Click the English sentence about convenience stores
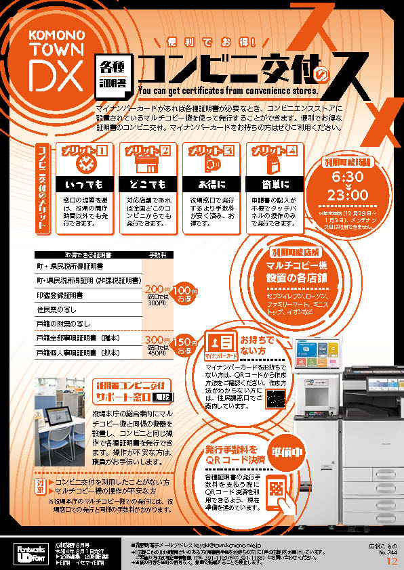[x=227, y=89]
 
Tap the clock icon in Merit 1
[x=85, y=163]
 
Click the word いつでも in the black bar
[x=84, y=184]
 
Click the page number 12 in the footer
[x=392, y=561]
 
